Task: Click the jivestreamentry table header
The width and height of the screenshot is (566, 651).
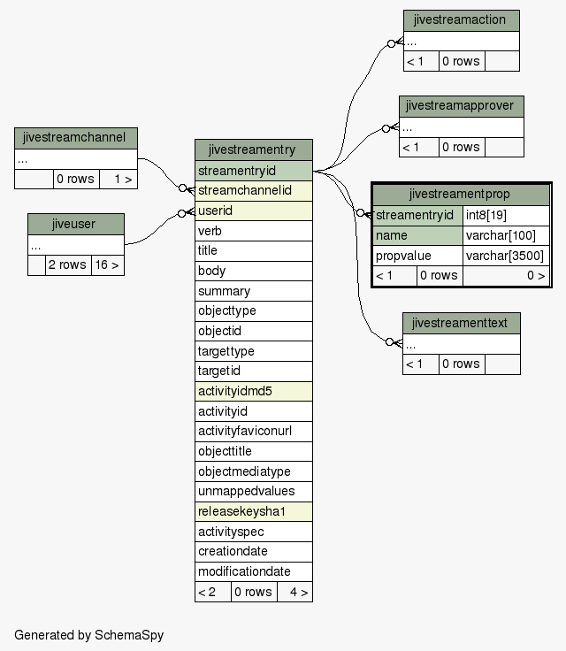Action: [254, 149]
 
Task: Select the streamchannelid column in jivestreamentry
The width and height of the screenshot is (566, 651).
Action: [254, 190]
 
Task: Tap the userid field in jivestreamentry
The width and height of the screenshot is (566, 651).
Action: [254, 211]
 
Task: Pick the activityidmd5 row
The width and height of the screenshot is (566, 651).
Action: [254, 391]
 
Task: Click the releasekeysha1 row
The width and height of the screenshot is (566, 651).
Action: [254, 511]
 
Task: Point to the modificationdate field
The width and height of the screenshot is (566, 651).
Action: [254, 571]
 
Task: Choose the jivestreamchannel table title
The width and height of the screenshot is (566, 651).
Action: [76, 138]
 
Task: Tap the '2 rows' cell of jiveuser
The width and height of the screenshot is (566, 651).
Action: [68, 264]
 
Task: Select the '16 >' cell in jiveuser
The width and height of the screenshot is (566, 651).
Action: [108, 264]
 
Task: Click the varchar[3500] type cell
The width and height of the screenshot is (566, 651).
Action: [506, 256]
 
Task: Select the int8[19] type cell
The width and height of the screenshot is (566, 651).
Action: [506, 215]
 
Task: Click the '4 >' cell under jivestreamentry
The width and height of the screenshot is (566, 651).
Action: [294, 592]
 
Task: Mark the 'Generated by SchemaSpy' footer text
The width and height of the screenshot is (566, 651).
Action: [88, 635]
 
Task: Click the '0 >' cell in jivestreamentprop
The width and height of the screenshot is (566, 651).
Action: [506, 276]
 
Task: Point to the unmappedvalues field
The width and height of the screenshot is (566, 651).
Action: [254, 492]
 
